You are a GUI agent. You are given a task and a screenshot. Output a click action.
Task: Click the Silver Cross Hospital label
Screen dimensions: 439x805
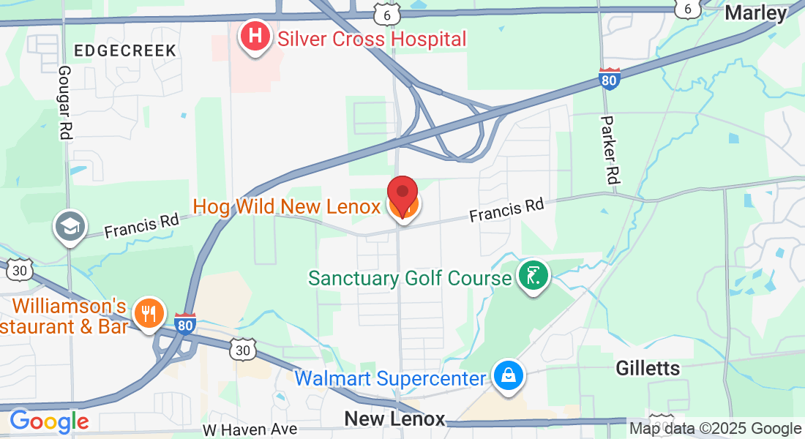tap(372, 39)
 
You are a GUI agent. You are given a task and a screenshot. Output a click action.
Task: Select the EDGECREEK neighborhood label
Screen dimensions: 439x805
tap(125, 50)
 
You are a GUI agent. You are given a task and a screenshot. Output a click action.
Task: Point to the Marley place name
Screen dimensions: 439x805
tap(755, 12)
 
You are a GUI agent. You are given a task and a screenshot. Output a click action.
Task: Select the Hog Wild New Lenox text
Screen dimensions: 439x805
tap(287, 206)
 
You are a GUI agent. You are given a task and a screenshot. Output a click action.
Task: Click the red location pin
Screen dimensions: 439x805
tap(402, 195)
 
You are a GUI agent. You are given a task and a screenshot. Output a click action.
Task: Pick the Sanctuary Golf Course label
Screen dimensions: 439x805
tap(410, 279)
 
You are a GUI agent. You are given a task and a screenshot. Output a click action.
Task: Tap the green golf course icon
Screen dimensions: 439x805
tap(533, 276)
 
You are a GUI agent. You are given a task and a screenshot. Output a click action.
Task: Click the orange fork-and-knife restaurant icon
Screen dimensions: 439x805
tap(149, 315)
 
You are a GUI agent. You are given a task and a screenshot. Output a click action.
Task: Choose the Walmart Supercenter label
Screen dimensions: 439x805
tap(390, 379)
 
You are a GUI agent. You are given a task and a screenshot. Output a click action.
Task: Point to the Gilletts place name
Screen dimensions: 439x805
tap(648, 368)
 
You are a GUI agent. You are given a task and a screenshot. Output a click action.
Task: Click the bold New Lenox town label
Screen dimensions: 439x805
tap(394, 419)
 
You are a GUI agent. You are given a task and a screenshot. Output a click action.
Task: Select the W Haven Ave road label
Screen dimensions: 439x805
tap(250, 429)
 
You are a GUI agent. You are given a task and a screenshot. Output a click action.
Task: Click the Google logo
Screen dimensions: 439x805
tap(48, 421)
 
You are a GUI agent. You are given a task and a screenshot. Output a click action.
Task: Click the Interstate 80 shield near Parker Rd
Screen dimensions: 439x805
tap(609, 78)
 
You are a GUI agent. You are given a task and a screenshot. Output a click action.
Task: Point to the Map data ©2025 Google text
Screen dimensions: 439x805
tap(716, 429)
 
